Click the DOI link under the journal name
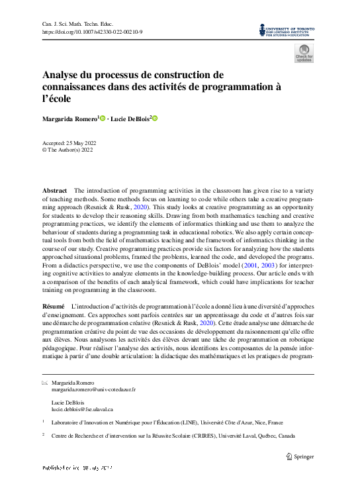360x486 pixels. point(87,32)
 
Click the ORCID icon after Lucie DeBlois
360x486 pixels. point(156,119)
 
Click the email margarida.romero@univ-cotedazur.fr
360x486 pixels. point(93,389)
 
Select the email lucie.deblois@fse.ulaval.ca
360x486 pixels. point(83,410)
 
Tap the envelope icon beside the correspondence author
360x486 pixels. point(44,383)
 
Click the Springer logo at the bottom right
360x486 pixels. point(300,456)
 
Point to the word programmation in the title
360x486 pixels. point(236,86)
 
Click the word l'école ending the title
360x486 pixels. point(56,99)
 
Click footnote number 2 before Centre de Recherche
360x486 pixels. point(43,435)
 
